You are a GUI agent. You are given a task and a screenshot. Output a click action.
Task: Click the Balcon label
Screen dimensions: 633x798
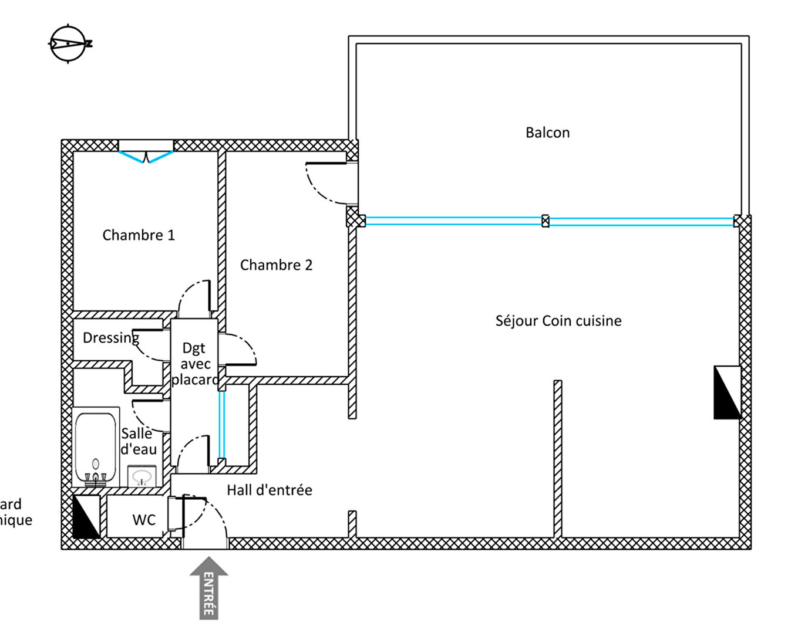[x=547, y=133]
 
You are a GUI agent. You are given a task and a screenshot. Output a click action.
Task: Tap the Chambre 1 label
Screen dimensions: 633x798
[x=139, y=235]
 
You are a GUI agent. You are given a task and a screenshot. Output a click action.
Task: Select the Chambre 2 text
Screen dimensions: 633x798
[x=276, y=265]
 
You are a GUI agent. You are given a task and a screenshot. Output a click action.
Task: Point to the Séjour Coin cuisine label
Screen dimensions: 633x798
[x=558, y=321]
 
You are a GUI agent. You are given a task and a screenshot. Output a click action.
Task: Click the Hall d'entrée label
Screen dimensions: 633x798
[x=270, y=490]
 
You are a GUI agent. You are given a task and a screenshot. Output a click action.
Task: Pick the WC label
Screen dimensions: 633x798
[x=144, y=520]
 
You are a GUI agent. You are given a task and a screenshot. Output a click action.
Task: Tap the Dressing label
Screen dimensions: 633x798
[x=110, y=338]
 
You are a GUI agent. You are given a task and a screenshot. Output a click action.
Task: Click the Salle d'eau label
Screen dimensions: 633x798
[x=139, y=441]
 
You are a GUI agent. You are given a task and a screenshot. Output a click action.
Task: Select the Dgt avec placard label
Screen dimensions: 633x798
[x=194, y=364]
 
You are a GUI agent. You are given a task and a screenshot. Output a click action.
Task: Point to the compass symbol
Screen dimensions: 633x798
[x=69, y=43]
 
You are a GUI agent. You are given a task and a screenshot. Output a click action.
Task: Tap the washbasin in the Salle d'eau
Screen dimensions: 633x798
[x=142, y=476]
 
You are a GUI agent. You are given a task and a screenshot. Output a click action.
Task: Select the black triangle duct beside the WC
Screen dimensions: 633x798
[x=86, y=517]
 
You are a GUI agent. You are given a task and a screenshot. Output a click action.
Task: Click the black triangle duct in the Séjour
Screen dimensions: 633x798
[x=727, y=392]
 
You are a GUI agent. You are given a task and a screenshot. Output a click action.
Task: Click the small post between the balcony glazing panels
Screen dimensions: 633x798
[x=546, y=221]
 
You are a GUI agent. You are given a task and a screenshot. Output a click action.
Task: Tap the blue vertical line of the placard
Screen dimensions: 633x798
[x=221, y=424]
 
